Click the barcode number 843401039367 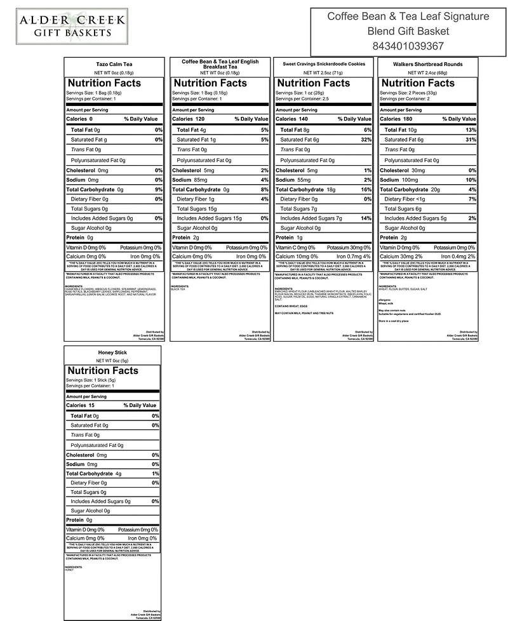(x=408, y=46)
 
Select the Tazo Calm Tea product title (x=115, y=64)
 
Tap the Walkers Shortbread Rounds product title (x=428, y=64)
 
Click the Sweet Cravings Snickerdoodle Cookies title (x=324, y=64)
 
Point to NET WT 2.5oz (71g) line (x=324, y=73)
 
